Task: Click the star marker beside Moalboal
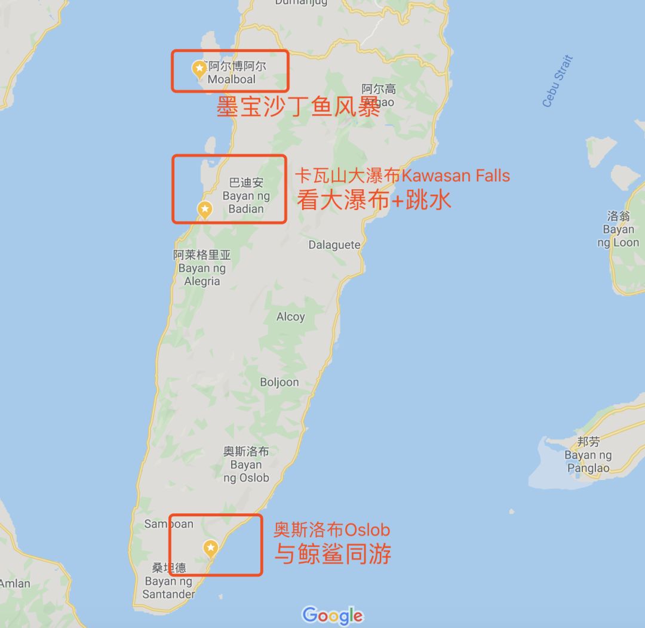click(x=199, y=69)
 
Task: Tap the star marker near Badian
click(x=205, y=209)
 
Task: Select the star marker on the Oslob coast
click(x=210, y=547)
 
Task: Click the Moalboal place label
click(x=232, y=79)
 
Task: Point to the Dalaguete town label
click(x=334, y=245)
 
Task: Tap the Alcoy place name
click(x=291, y=317)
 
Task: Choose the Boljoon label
click(x=279, y=382)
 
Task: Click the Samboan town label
click(x=169, y=524)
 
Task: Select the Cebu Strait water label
click(x=557, y=81)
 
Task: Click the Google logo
click(x=332, y=615)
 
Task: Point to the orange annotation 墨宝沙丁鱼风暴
click(x=298, y=107)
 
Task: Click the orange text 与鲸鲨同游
click(x=333, y=554)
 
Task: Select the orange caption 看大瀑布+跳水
click(x=374, y=201)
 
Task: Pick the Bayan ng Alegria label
click(x=202, y=275)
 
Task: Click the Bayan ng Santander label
click(x=168, y=587)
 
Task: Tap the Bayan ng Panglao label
click(x=588, y=461)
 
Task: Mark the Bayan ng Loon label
click(x=618, y=236)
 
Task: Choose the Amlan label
click(x=14, y=583)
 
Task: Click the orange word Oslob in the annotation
click(x=367, y=530)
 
